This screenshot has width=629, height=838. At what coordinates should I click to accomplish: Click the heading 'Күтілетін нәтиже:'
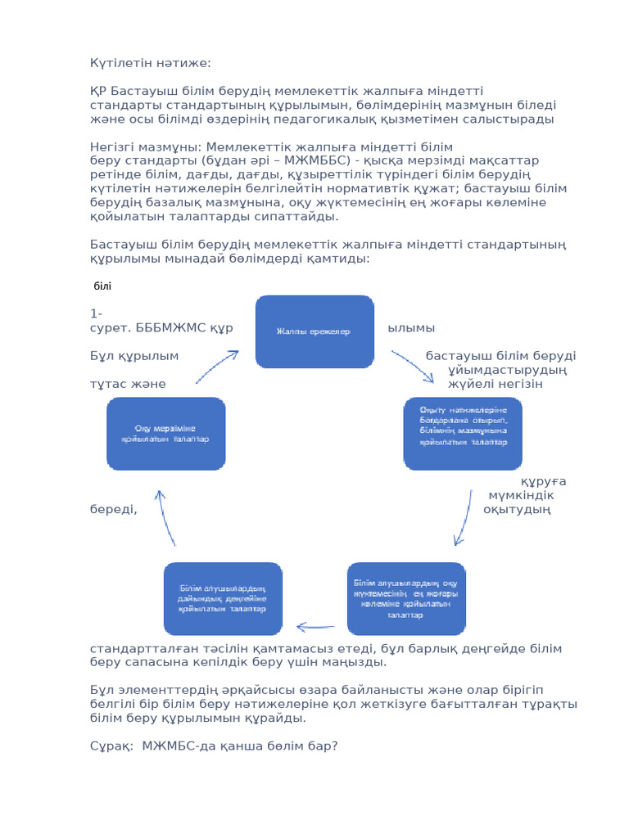[151, 63]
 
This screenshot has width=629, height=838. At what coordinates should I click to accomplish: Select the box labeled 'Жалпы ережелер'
[314, 331]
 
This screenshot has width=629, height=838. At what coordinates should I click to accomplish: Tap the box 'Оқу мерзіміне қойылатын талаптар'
[166, 434]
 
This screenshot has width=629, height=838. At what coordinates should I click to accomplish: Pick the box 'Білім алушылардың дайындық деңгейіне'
[223, 598]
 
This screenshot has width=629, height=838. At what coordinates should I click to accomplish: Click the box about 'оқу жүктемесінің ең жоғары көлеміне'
[406, 598]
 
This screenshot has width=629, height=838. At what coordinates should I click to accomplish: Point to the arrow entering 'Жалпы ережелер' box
[216, 367]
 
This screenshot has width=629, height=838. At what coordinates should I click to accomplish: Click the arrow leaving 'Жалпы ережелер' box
[413, 366]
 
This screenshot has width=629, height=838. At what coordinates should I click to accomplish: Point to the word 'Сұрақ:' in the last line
[111, 746]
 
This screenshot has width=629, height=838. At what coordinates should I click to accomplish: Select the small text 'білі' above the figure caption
[102, 286]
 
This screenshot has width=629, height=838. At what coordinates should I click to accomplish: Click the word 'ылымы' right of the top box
[411, 328]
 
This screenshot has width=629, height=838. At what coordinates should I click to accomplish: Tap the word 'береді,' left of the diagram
[114, 510]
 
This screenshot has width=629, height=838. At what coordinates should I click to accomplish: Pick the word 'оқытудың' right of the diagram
[517, 510]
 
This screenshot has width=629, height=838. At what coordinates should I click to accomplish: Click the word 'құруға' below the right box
[544, 481]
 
